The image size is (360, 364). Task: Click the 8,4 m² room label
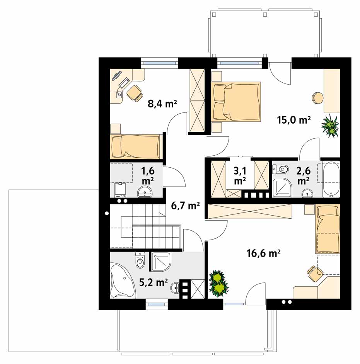click(x=162, y=104)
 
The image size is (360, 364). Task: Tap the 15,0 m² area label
click(x=294, y=120)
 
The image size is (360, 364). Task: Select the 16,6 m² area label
click(x=263, y=253)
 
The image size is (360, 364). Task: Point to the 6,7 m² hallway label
click(x=185, y=206)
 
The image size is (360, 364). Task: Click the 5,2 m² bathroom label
click(x=153, y=282)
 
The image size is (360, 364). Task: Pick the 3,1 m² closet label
click(x=240, y=175)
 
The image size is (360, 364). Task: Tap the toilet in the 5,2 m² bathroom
click(x=140, y=260)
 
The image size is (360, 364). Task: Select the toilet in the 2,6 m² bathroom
click(x=280, y=169)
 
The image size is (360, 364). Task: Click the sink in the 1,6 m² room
click(x=145, y=192)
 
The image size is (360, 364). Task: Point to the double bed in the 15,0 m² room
click(x=236, y=101)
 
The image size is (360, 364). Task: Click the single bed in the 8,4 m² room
click(x=136, y=146)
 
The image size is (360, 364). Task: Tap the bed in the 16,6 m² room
click(x=328, y=229)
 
